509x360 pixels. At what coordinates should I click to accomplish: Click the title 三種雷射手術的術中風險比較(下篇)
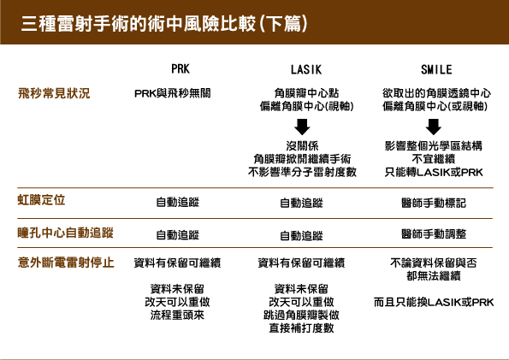click(164, 23)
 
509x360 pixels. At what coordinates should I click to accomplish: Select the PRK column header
click(181, 68)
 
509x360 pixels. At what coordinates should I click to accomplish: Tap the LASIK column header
click(306, 69)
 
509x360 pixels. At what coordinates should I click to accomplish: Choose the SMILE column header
click(436, 69)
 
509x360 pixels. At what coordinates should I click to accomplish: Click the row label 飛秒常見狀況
click(54, 93)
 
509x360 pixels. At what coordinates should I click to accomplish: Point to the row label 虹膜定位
click(41, 200)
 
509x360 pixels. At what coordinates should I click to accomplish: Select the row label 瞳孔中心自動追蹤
click(65, 233)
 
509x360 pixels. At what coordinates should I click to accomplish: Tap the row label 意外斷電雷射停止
click(66, 263)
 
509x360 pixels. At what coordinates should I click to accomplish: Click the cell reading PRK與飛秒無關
click(172, 93)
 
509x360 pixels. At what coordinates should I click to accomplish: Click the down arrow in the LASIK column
click(302, 127)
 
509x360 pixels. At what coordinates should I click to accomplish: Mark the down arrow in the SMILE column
click(434, 127)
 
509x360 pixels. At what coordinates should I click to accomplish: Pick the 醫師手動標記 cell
click(434, 204)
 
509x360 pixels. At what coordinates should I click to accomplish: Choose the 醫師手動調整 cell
click(434, 233)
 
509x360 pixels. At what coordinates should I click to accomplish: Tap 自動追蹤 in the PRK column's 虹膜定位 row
click(178, 203)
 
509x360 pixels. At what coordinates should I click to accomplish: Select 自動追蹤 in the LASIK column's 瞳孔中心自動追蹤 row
click(302, 236)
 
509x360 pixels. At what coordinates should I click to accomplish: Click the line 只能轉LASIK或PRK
click(434, 172)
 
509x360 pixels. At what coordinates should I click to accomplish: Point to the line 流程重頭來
click(177, 315)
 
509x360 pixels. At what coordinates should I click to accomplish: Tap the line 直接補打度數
click(302, 328)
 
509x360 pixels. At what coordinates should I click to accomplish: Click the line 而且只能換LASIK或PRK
click(434, 302)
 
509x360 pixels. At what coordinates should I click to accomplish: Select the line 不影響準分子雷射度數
click(302, 172)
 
